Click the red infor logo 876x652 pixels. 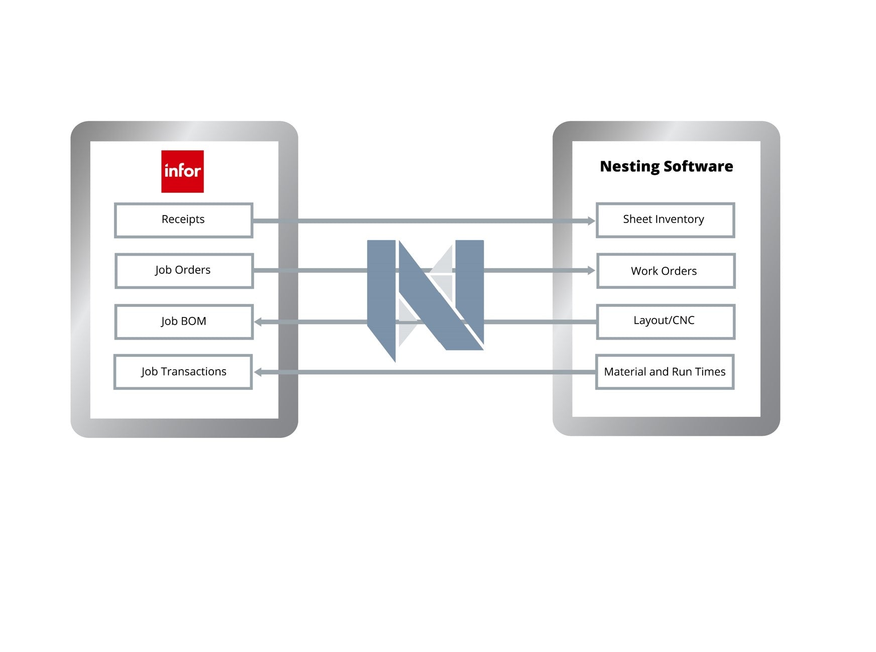point(182,171)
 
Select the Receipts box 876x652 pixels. point(183,220)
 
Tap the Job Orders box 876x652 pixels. point(184,271)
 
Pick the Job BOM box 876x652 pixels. point(184,321)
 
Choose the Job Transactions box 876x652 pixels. point(183,372)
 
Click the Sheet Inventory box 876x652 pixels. point(665,220)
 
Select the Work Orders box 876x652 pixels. point(666,271)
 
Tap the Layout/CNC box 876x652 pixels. point(666,321)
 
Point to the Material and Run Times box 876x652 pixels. point(665,372)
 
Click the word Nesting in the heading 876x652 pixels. point(629,167)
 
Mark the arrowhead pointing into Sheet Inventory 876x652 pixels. point(591,221)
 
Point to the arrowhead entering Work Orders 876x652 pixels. point(591,270)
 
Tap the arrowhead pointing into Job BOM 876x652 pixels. point(258,322)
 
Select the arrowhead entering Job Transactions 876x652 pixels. point(258,372)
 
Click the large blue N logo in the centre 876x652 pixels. point(425,296)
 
